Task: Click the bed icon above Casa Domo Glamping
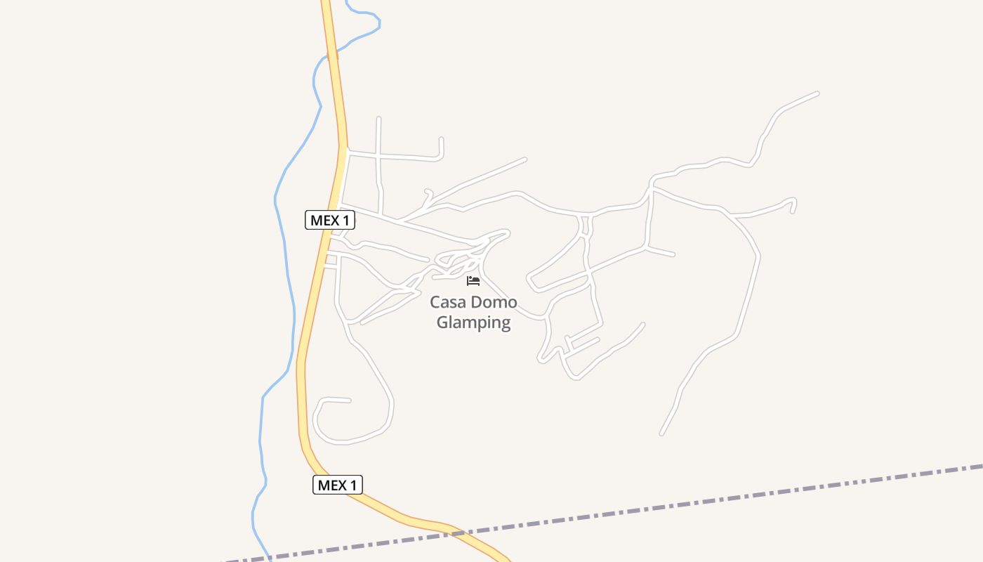(x=473, y=281)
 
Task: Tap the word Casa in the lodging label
(x=447, y=303)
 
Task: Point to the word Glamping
(x=473, y=322)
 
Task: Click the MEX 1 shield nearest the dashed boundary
(x=337, y=485)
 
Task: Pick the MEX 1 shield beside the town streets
(x=330, y=220)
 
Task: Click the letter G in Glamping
(x=443, y=322)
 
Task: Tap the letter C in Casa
(x=435, y=303)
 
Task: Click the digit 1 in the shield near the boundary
(x=354, y=485)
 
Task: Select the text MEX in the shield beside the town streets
(x=324, y=220)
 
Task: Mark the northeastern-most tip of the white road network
(x=817, y=93)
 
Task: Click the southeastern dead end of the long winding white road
(x=661, y=433)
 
